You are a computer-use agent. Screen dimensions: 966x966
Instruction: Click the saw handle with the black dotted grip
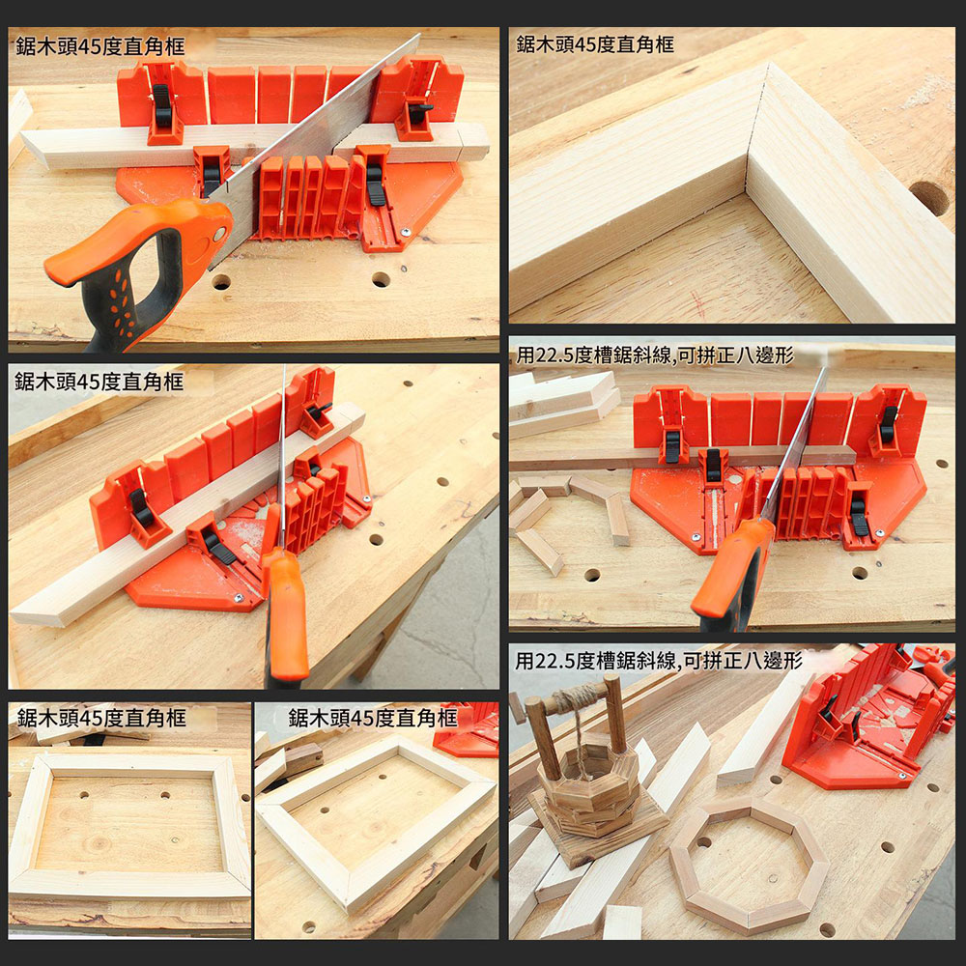(x=135, y=261)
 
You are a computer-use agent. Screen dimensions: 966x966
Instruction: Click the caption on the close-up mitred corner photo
(x=595, y=44)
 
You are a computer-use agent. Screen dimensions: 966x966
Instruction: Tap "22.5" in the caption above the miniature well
(x=559, y=661)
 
